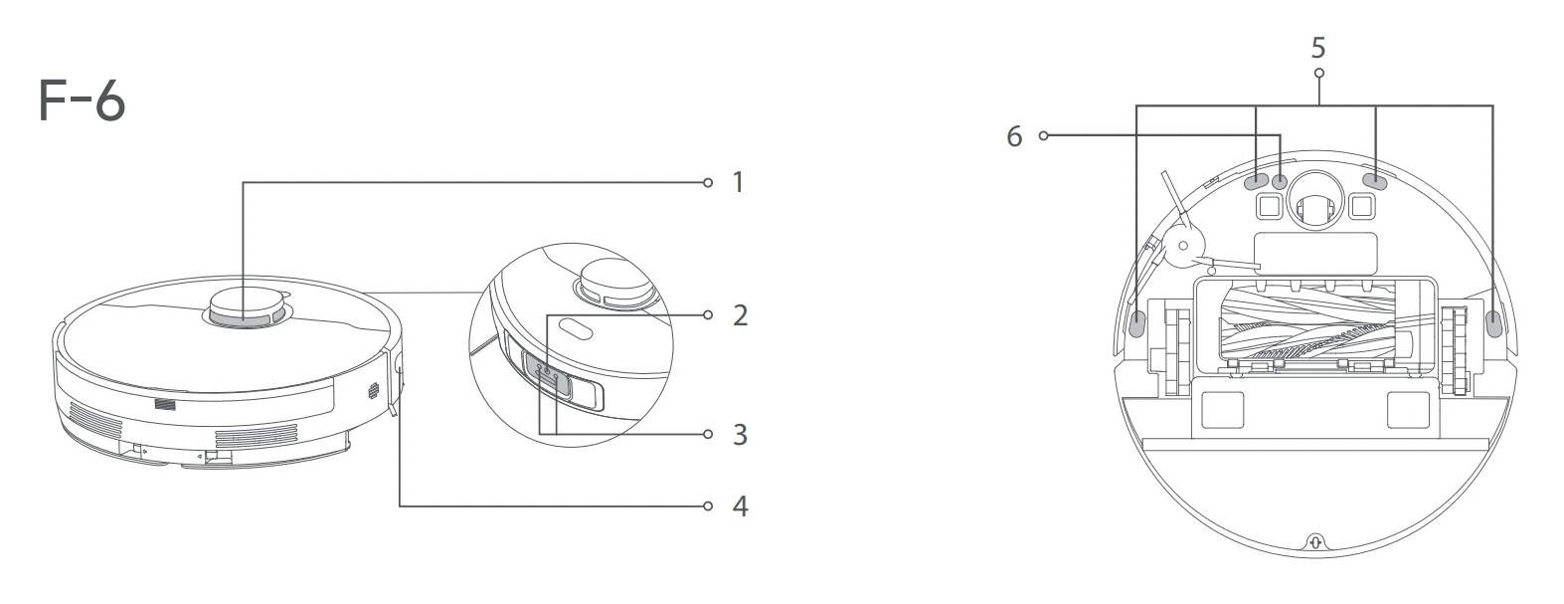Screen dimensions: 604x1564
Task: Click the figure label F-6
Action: click(82, 101)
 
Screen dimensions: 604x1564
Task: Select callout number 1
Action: click(738, 182)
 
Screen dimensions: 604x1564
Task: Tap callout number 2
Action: click(739, 315)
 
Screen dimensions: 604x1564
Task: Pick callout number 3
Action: click(739, 435)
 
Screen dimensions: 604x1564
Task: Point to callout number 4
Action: click(739, 506)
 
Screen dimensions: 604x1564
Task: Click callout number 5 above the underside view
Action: click(1318, 48)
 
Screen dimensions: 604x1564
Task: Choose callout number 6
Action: click(1014, 136)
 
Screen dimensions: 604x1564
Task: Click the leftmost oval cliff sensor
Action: click(1138, 321)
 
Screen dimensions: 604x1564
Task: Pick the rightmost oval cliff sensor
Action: click(1492, 321)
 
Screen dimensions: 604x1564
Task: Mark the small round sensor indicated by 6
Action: click(1280, 182)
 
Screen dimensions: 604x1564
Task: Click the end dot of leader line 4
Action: click(708, 506)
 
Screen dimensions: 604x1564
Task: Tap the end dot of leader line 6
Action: click(1043, 135)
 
